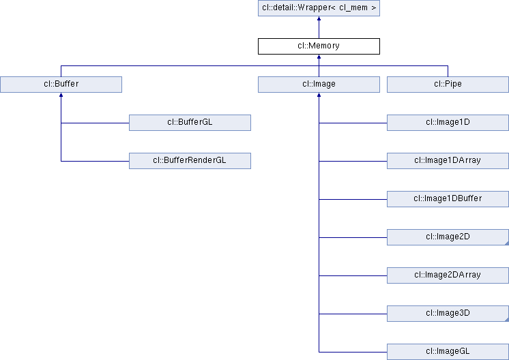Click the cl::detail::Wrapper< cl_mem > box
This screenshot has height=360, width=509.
coord(319,8)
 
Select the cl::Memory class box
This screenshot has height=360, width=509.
coord(319,46)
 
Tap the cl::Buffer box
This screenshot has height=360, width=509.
coord(61,85)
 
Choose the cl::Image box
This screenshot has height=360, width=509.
coord(319,85)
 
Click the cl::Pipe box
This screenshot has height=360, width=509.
coord(448,85)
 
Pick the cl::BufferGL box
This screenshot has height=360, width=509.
coord(190,123)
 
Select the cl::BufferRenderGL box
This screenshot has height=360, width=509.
coord(190,161)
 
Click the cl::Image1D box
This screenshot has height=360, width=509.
coord(448,123)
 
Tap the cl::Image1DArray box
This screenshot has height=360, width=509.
coord(448,161)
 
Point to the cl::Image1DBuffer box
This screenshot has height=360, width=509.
coord(448,199)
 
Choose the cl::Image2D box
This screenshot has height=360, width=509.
coord(448,237)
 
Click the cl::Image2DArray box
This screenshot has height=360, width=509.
coord(448,275)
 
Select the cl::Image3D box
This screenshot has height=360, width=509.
coord(448,314)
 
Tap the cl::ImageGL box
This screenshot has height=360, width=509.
coord(448,352)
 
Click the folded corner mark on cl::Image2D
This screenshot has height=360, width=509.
coord(506,243)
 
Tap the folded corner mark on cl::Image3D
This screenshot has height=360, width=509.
coord(506,319)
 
